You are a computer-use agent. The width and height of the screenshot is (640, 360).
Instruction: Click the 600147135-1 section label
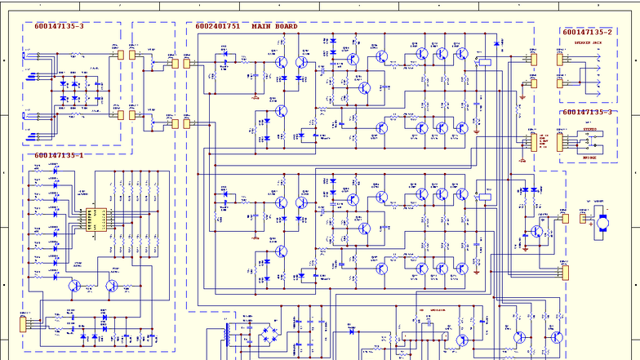pos(59,155)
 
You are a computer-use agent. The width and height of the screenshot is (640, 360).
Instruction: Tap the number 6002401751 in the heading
pos(217,26)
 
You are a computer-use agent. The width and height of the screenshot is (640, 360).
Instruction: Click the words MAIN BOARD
pos(274,26)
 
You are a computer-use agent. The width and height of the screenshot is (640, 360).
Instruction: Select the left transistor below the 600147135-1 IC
pos(74,286)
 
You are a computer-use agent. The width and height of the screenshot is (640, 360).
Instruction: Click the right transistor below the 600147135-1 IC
pos(111,286)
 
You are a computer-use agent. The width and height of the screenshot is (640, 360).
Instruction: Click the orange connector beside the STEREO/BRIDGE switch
pos(560,141)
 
